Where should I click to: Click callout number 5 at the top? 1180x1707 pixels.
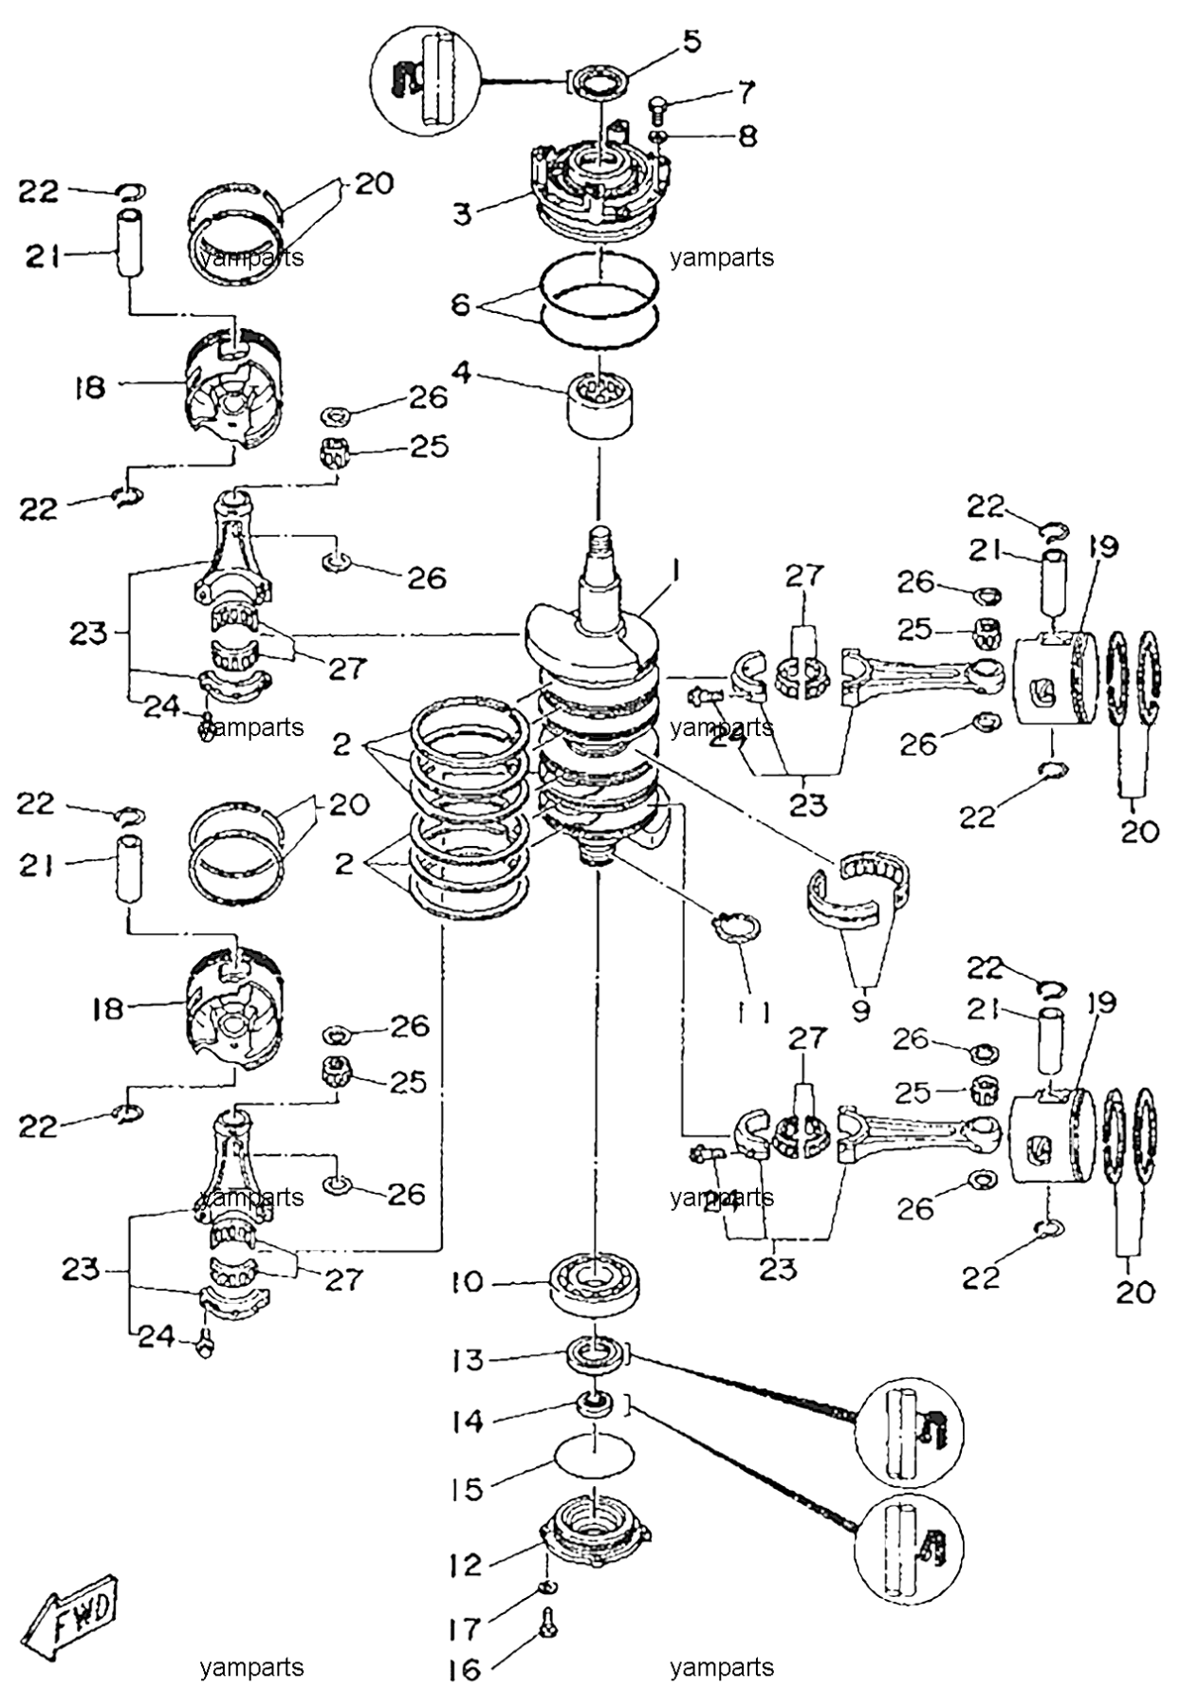pyautogui.click(x=692, y=43)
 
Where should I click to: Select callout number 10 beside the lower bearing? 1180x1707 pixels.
pyautogui.click(x=467, y=1282)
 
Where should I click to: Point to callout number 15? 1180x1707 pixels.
pyautogui.click(x=467, y=1489)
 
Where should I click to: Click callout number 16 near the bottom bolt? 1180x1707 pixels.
pyautogui.click(x=465, y=1669)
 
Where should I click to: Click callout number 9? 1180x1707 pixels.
pyautogui.click(x=860, y=1011)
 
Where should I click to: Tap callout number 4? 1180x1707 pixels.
pyautogui.click(x=462, y=371)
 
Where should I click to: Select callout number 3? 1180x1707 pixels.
pyautogui.click(x=462, y=213)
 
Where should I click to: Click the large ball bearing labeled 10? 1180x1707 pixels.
pyautogui.click(x=595, y=1285)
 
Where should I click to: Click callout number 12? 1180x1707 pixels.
pyautogui.click(x=466, y=1565)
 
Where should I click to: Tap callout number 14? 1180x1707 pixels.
pyautogui.click(x=467, y=1422)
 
